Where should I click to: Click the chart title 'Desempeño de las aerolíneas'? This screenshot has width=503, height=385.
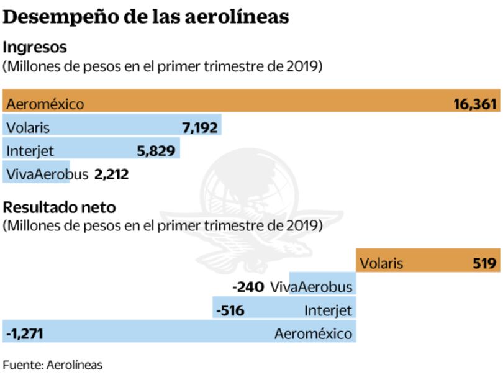(146, 17)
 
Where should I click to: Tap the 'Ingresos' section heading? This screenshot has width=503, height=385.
(35, 47)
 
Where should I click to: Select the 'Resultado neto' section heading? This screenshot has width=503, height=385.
(59, 207)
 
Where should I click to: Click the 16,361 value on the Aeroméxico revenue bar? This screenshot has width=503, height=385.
(476, 104)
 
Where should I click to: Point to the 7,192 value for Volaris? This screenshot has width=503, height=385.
(200, 128)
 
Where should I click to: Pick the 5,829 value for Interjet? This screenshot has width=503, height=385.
(156, 151)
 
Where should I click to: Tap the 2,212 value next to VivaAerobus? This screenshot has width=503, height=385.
(111, 174)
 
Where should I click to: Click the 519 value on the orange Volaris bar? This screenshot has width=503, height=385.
(485, 263)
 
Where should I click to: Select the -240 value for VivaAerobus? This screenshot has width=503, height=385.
(248, 287)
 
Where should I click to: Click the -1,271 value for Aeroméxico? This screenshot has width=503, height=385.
(24, 333)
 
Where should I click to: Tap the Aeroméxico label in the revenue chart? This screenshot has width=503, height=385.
(45, 104)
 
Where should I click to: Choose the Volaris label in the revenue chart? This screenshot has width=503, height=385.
(28, 128)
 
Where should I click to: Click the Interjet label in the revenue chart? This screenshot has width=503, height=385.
(30, 151)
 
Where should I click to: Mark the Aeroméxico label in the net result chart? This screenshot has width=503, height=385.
(313, 333)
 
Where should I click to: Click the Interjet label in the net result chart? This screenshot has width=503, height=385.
(328, 310)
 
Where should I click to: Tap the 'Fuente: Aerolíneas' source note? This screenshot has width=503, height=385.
(52, 365)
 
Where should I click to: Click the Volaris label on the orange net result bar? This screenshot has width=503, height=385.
(381, 263)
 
